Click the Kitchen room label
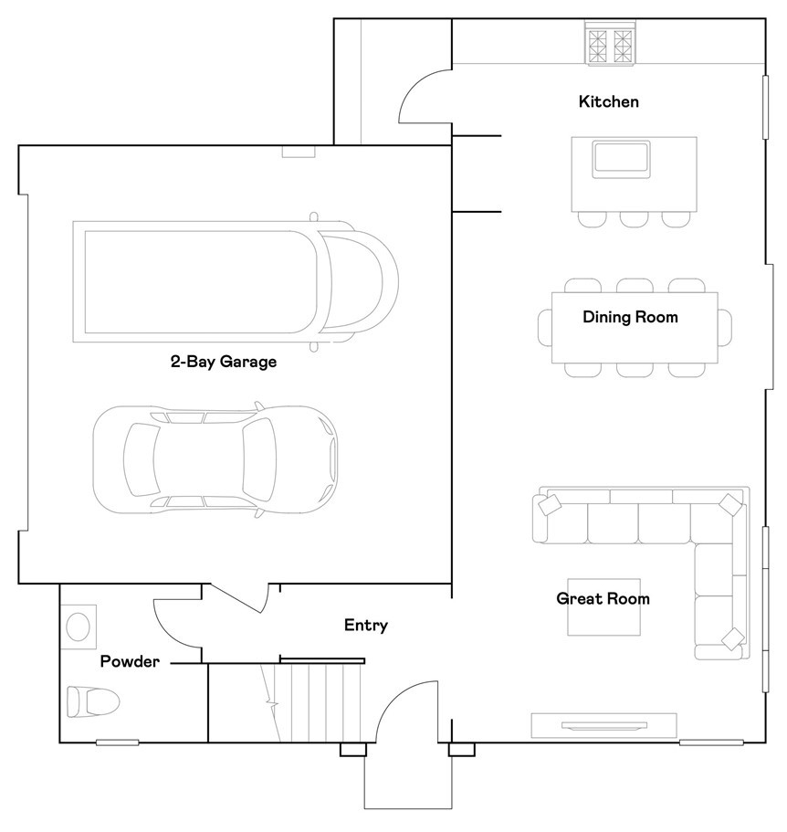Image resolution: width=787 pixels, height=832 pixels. coord(608,101)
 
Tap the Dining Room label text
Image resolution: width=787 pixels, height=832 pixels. coord(630,318)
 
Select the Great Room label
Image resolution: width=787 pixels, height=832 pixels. coord(603,599)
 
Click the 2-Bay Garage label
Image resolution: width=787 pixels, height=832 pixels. coord(223,362)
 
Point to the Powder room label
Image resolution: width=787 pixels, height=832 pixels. coord(129,661)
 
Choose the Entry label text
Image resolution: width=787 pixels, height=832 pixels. coord(365,626)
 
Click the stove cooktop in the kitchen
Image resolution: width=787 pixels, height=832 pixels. coord(611,44)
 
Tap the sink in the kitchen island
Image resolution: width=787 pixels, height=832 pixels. coord(622,158)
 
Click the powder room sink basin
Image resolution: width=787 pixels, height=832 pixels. coord(79,627)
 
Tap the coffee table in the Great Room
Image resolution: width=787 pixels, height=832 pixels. coord(604,608)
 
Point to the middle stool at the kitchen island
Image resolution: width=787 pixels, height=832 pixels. coord(635,219)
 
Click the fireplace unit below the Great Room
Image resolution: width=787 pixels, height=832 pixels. coord(603,725)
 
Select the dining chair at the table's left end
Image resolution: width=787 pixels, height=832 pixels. coord(544,327)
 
